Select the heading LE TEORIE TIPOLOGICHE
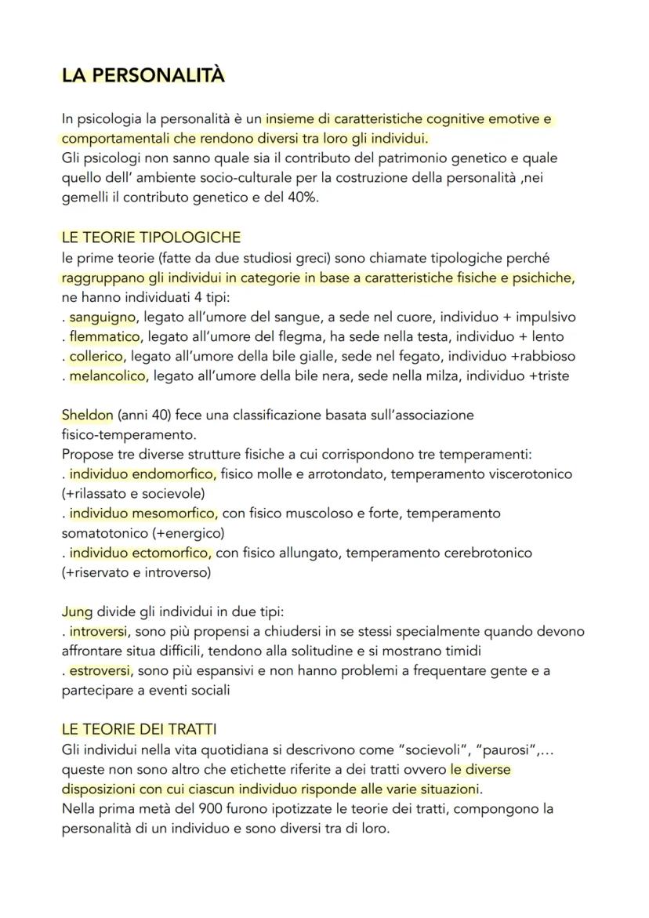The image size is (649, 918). coord(151,237)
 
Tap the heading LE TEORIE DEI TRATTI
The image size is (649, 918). coord(140,729)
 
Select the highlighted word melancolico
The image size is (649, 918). coord(107,376)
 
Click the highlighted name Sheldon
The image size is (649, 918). coord(87,415)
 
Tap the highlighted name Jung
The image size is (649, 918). coord(78,611)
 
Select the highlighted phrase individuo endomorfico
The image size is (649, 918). coord(142,474)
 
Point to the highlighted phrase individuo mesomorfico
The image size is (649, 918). coord(143,513)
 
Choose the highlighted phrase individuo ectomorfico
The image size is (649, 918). coord(140,553)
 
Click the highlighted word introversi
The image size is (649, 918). coord(100,631)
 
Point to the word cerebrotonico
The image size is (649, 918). coord(485,553)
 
